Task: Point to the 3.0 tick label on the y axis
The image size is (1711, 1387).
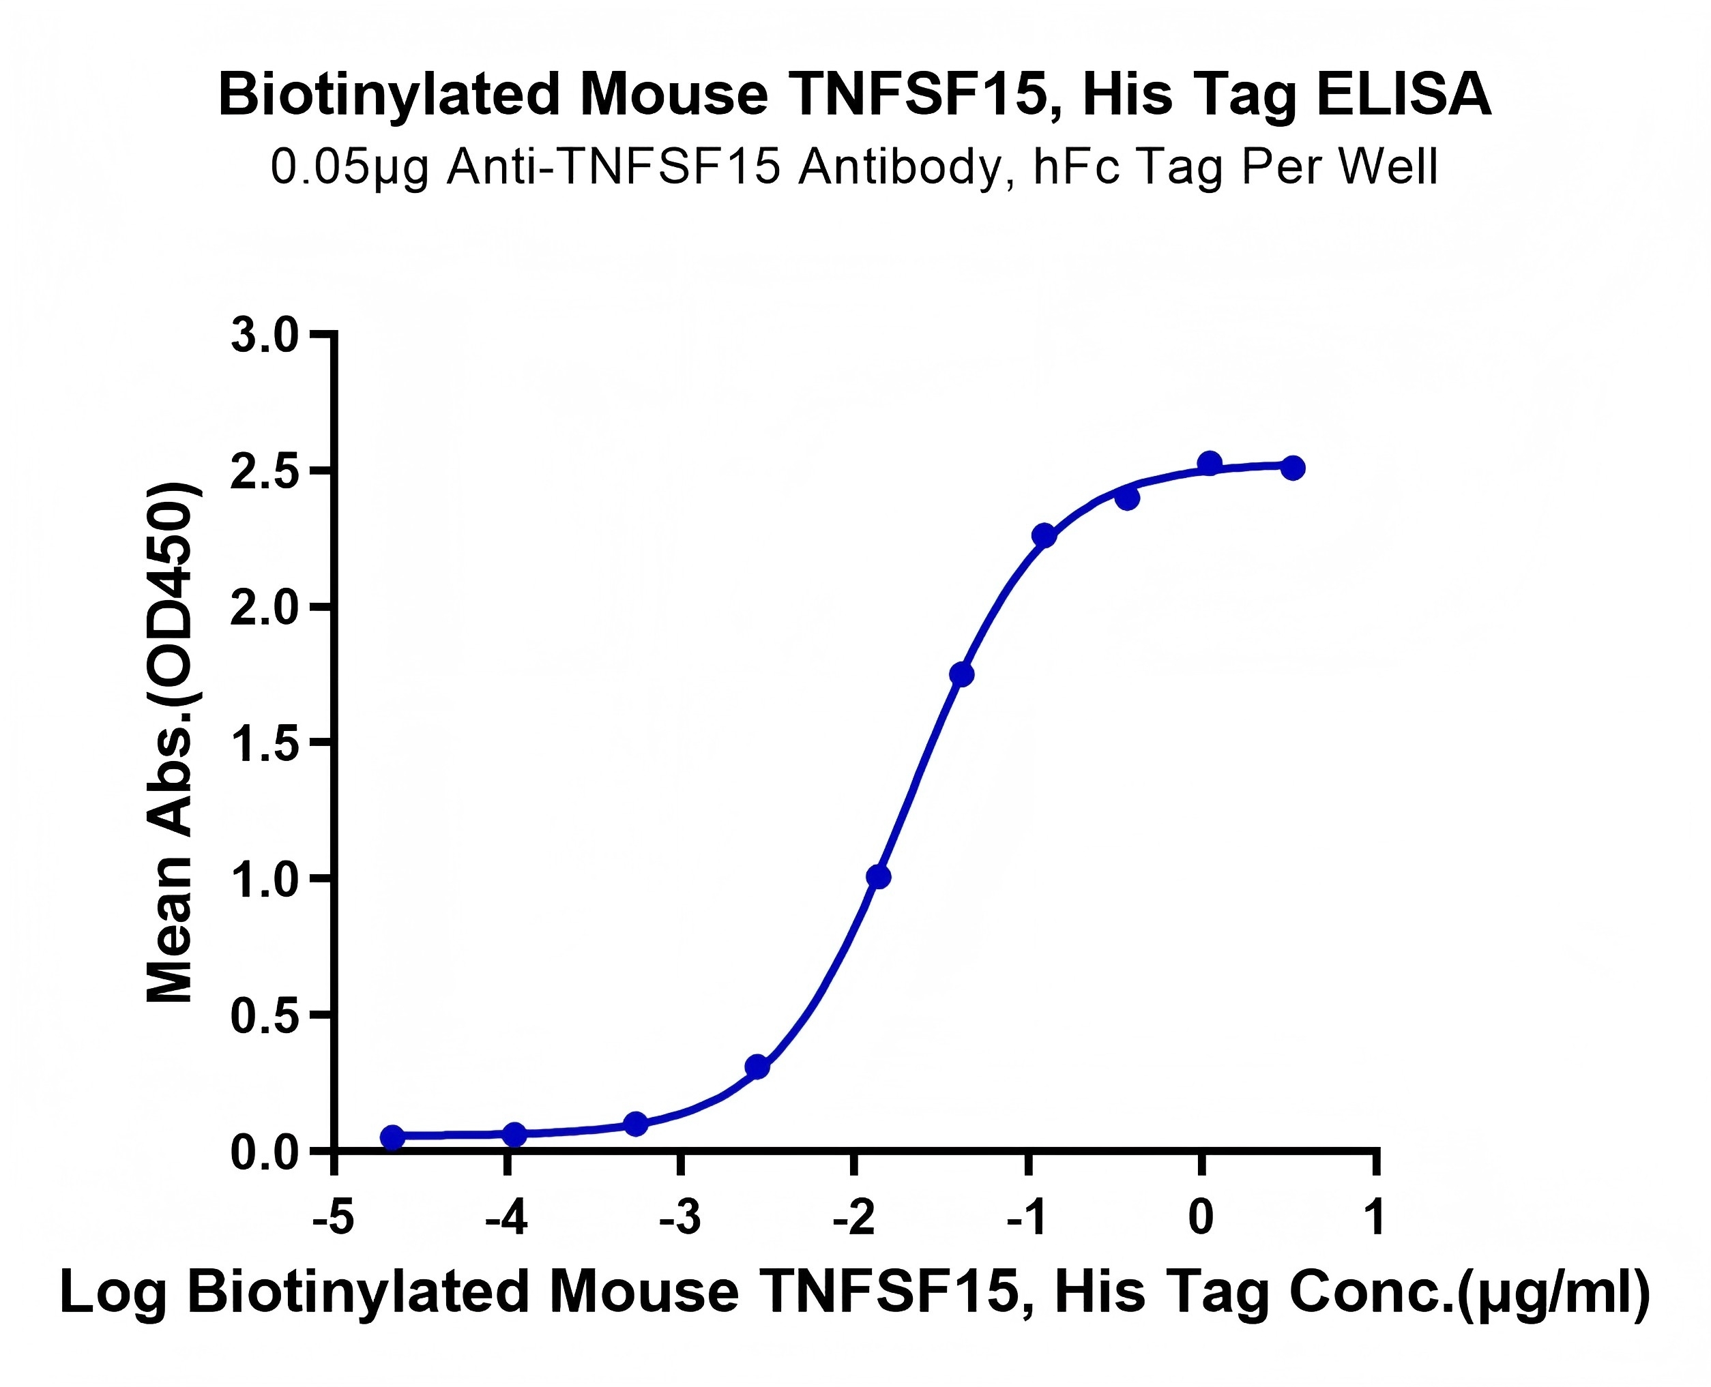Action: click(264, 335)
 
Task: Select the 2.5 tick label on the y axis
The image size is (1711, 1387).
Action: click(264, 471)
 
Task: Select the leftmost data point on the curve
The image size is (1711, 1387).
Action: click(392, 1137)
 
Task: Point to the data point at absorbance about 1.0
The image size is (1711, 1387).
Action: click(878, 876)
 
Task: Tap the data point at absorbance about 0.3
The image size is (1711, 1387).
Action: click(757, 1067)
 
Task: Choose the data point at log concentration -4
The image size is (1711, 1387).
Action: click(516, 1135)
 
